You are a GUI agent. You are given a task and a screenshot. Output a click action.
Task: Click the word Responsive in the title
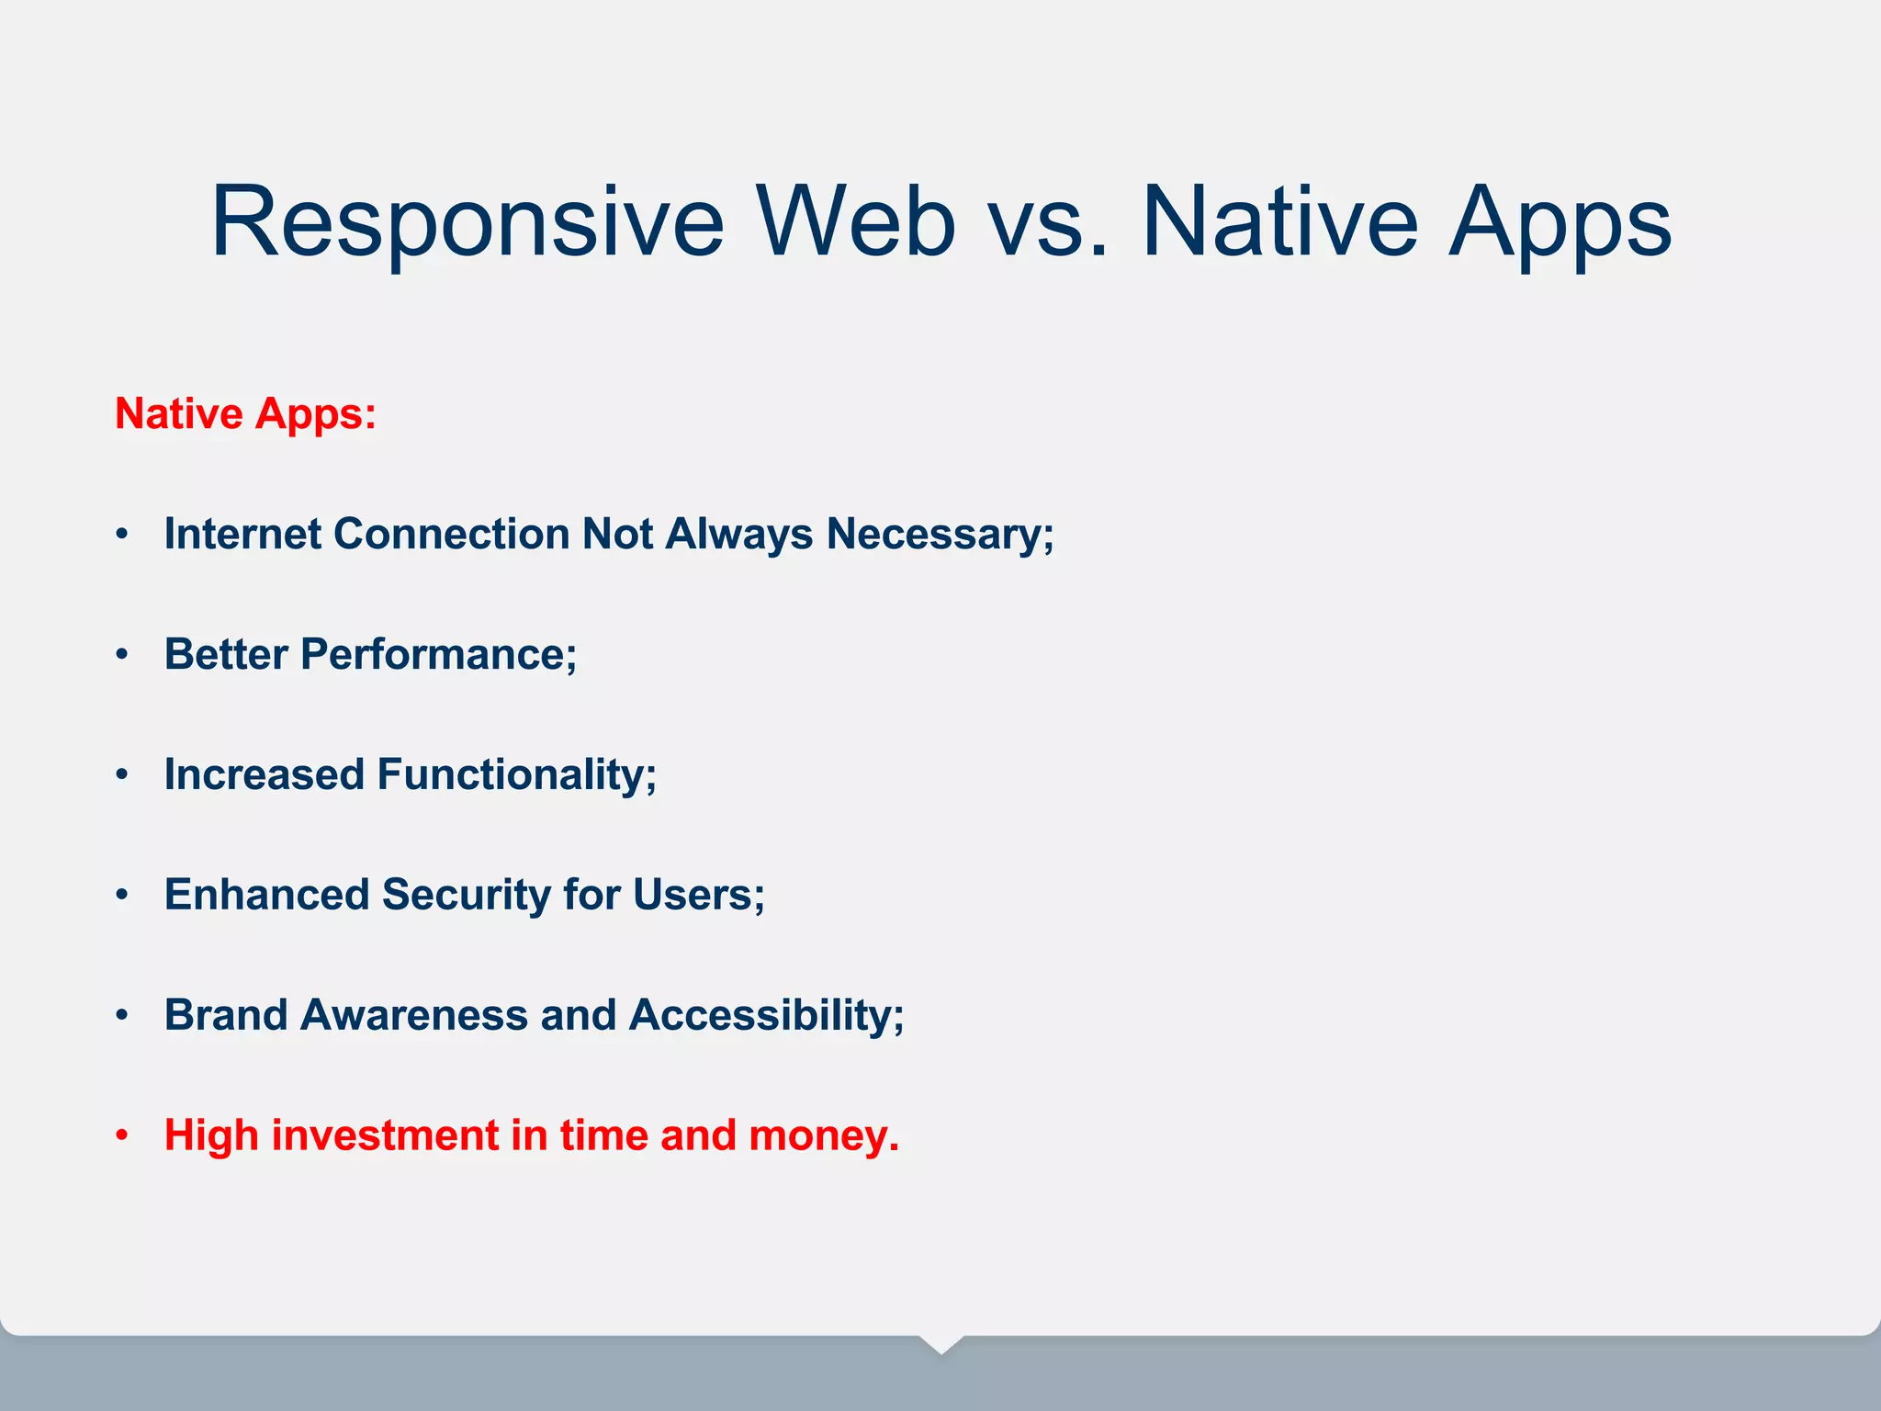(x=467, y=223)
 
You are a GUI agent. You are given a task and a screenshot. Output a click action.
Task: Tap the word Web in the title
(x=855, y=223)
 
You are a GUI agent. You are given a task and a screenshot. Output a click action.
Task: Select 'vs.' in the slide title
(x=1048, y=223)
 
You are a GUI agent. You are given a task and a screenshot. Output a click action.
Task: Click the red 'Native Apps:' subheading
(x=245, y=413)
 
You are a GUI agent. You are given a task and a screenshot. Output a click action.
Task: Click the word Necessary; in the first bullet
(x=940, y=534)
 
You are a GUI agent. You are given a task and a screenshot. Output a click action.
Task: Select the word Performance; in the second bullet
(x=438, y=654)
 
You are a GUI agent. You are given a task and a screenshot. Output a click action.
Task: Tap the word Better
(x=226, y=654)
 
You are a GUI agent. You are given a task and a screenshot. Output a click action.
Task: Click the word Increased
(x=265, y=774)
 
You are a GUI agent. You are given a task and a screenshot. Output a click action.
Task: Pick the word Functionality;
(x=517, y=774)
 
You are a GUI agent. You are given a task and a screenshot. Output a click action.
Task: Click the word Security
(x=466, y=895)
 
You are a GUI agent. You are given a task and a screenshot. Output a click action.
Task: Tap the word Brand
(x=226, y=1015)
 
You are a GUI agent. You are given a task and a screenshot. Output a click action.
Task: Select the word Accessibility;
(x=766, y=1015)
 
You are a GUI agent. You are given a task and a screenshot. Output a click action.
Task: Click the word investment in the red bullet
(x=385, y=1135)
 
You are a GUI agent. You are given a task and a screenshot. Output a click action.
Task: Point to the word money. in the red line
(x=824, y=1135)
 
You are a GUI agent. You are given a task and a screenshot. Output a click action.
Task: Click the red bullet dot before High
(x=122, y=1136)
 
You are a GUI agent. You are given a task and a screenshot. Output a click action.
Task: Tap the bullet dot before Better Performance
(x=122, y=655)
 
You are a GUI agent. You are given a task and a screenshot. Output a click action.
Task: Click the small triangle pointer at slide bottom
(x=940, y=1344)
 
